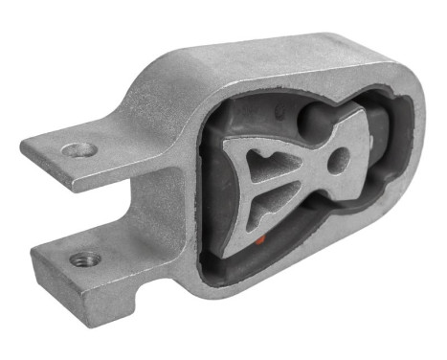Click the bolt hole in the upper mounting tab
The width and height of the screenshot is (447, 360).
tap(78, 149)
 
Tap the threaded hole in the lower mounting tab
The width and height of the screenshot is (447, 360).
tap(85, 259)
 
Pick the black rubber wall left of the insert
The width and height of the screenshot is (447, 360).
tap(215, 191)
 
